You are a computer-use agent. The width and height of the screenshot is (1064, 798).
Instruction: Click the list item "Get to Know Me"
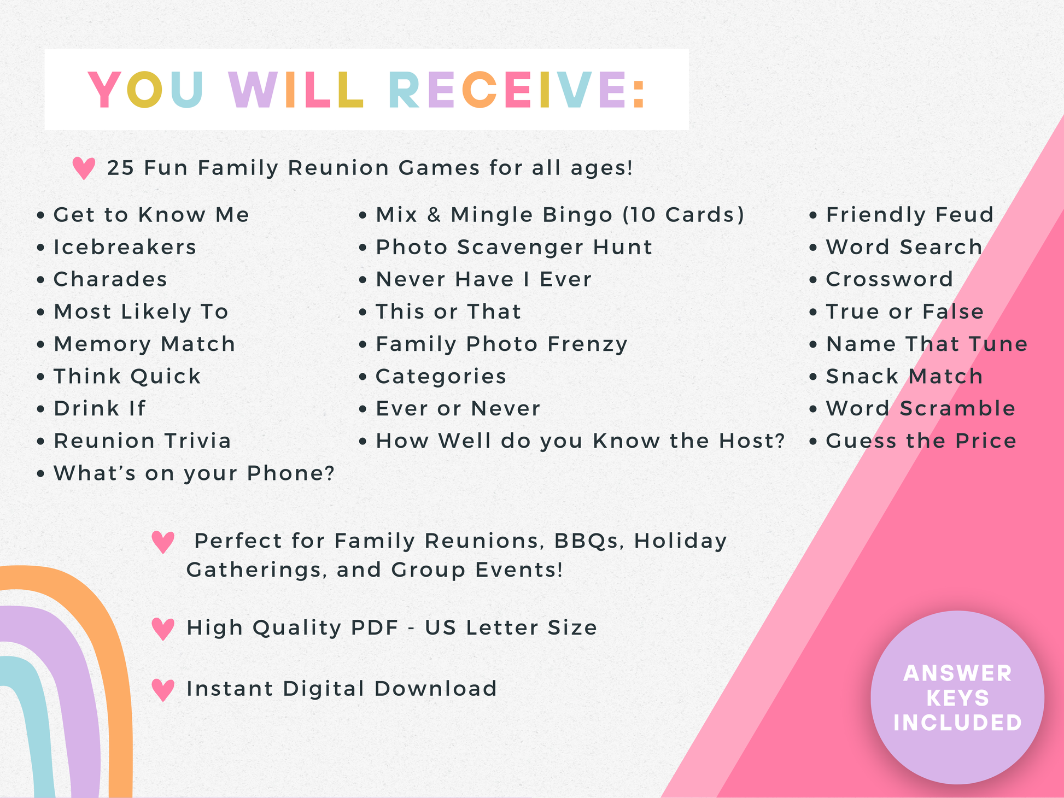(x=151, y=215)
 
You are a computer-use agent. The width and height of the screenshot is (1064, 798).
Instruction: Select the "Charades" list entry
(x=110, y=279)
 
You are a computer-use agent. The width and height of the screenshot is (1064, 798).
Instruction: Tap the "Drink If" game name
(x=100, y=408)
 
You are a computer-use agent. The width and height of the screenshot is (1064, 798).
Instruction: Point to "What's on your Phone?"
(x=194, y=473)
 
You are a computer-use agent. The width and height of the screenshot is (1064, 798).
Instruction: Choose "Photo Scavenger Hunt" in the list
(x=514, y=247)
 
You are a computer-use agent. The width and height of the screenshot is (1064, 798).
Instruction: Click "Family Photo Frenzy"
(x=501, y=344)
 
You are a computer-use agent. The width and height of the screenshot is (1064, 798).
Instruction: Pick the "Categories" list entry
(x=441, y=377)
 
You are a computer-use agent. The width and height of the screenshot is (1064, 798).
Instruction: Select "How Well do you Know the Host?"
(x=580, y=441)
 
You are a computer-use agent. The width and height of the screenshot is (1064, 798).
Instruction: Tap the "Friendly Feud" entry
(x=910, y=215)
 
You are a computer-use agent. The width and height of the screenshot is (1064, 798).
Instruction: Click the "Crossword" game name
(x=890, y=279)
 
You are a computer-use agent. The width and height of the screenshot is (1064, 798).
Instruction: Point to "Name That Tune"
(x=927, y=344)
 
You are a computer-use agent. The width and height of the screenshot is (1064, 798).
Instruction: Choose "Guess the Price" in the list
(x=921, y=441)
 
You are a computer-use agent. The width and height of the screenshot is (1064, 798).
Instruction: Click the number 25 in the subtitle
(x=120, y=168)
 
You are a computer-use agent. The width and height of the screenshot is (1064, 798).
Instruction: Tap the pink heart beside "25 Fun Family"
(x=84, y=168)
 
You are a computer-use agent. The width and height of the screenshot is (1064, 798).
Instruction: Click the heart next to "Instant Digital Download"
(x=163, y=690)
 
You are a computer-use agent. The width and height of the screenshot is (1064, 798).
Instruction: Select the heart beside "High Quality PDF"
(x=163, y=629)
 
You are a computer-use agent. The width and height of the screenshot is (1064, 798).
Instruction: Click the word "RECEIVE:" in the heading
(x=517, y=90)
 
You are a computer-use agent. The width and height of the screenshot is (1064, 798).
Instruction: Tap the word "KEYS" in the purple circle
(x=957, y=698)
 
